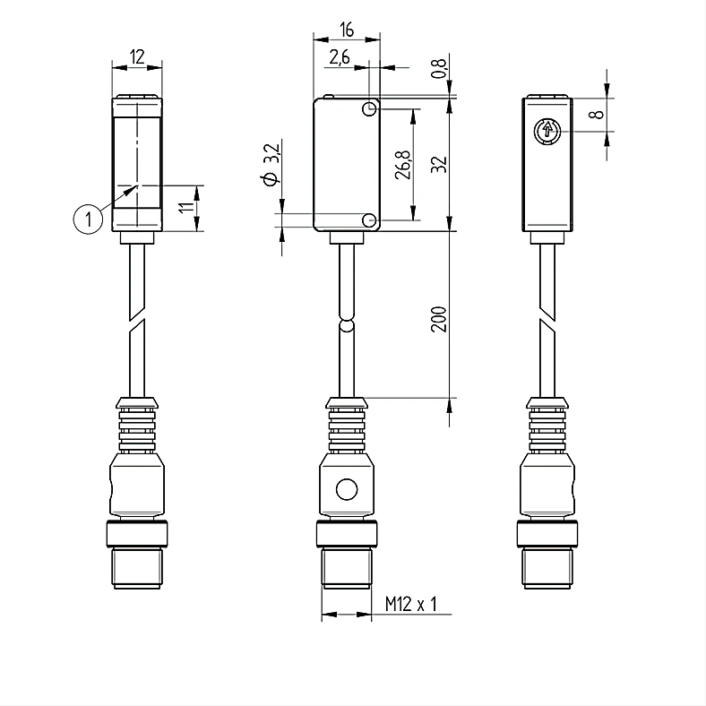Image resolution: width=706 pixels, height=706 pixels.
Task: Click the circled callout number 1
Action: tap(88, 220)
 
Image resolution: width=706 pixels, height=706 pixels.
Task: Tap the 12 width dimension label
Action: tap(137, 57)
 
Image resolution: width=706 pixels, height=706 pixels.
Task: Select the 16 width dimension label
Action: tap(347, 30)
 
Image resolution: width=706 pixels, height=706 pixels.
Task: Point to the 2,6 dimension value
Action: tap(340, 57)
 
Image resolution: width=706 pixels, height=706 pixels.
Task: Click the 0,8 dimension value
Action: tap(439, 68)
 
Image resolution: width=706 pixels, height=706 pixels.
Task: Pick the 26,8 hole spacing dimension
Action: tap(403, 165)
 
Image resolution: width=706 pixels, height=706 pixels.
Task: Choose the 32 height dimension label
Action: tap(439, 164)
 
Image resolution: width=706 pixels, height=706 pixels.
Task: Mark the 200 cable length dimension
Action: tap(439, 319)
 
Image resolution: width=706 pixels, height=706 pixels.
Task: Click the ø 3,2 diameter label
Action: tap(271, 164)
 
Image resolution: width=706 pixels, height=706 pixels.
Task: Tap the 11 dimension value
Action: tap(186, 208)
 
